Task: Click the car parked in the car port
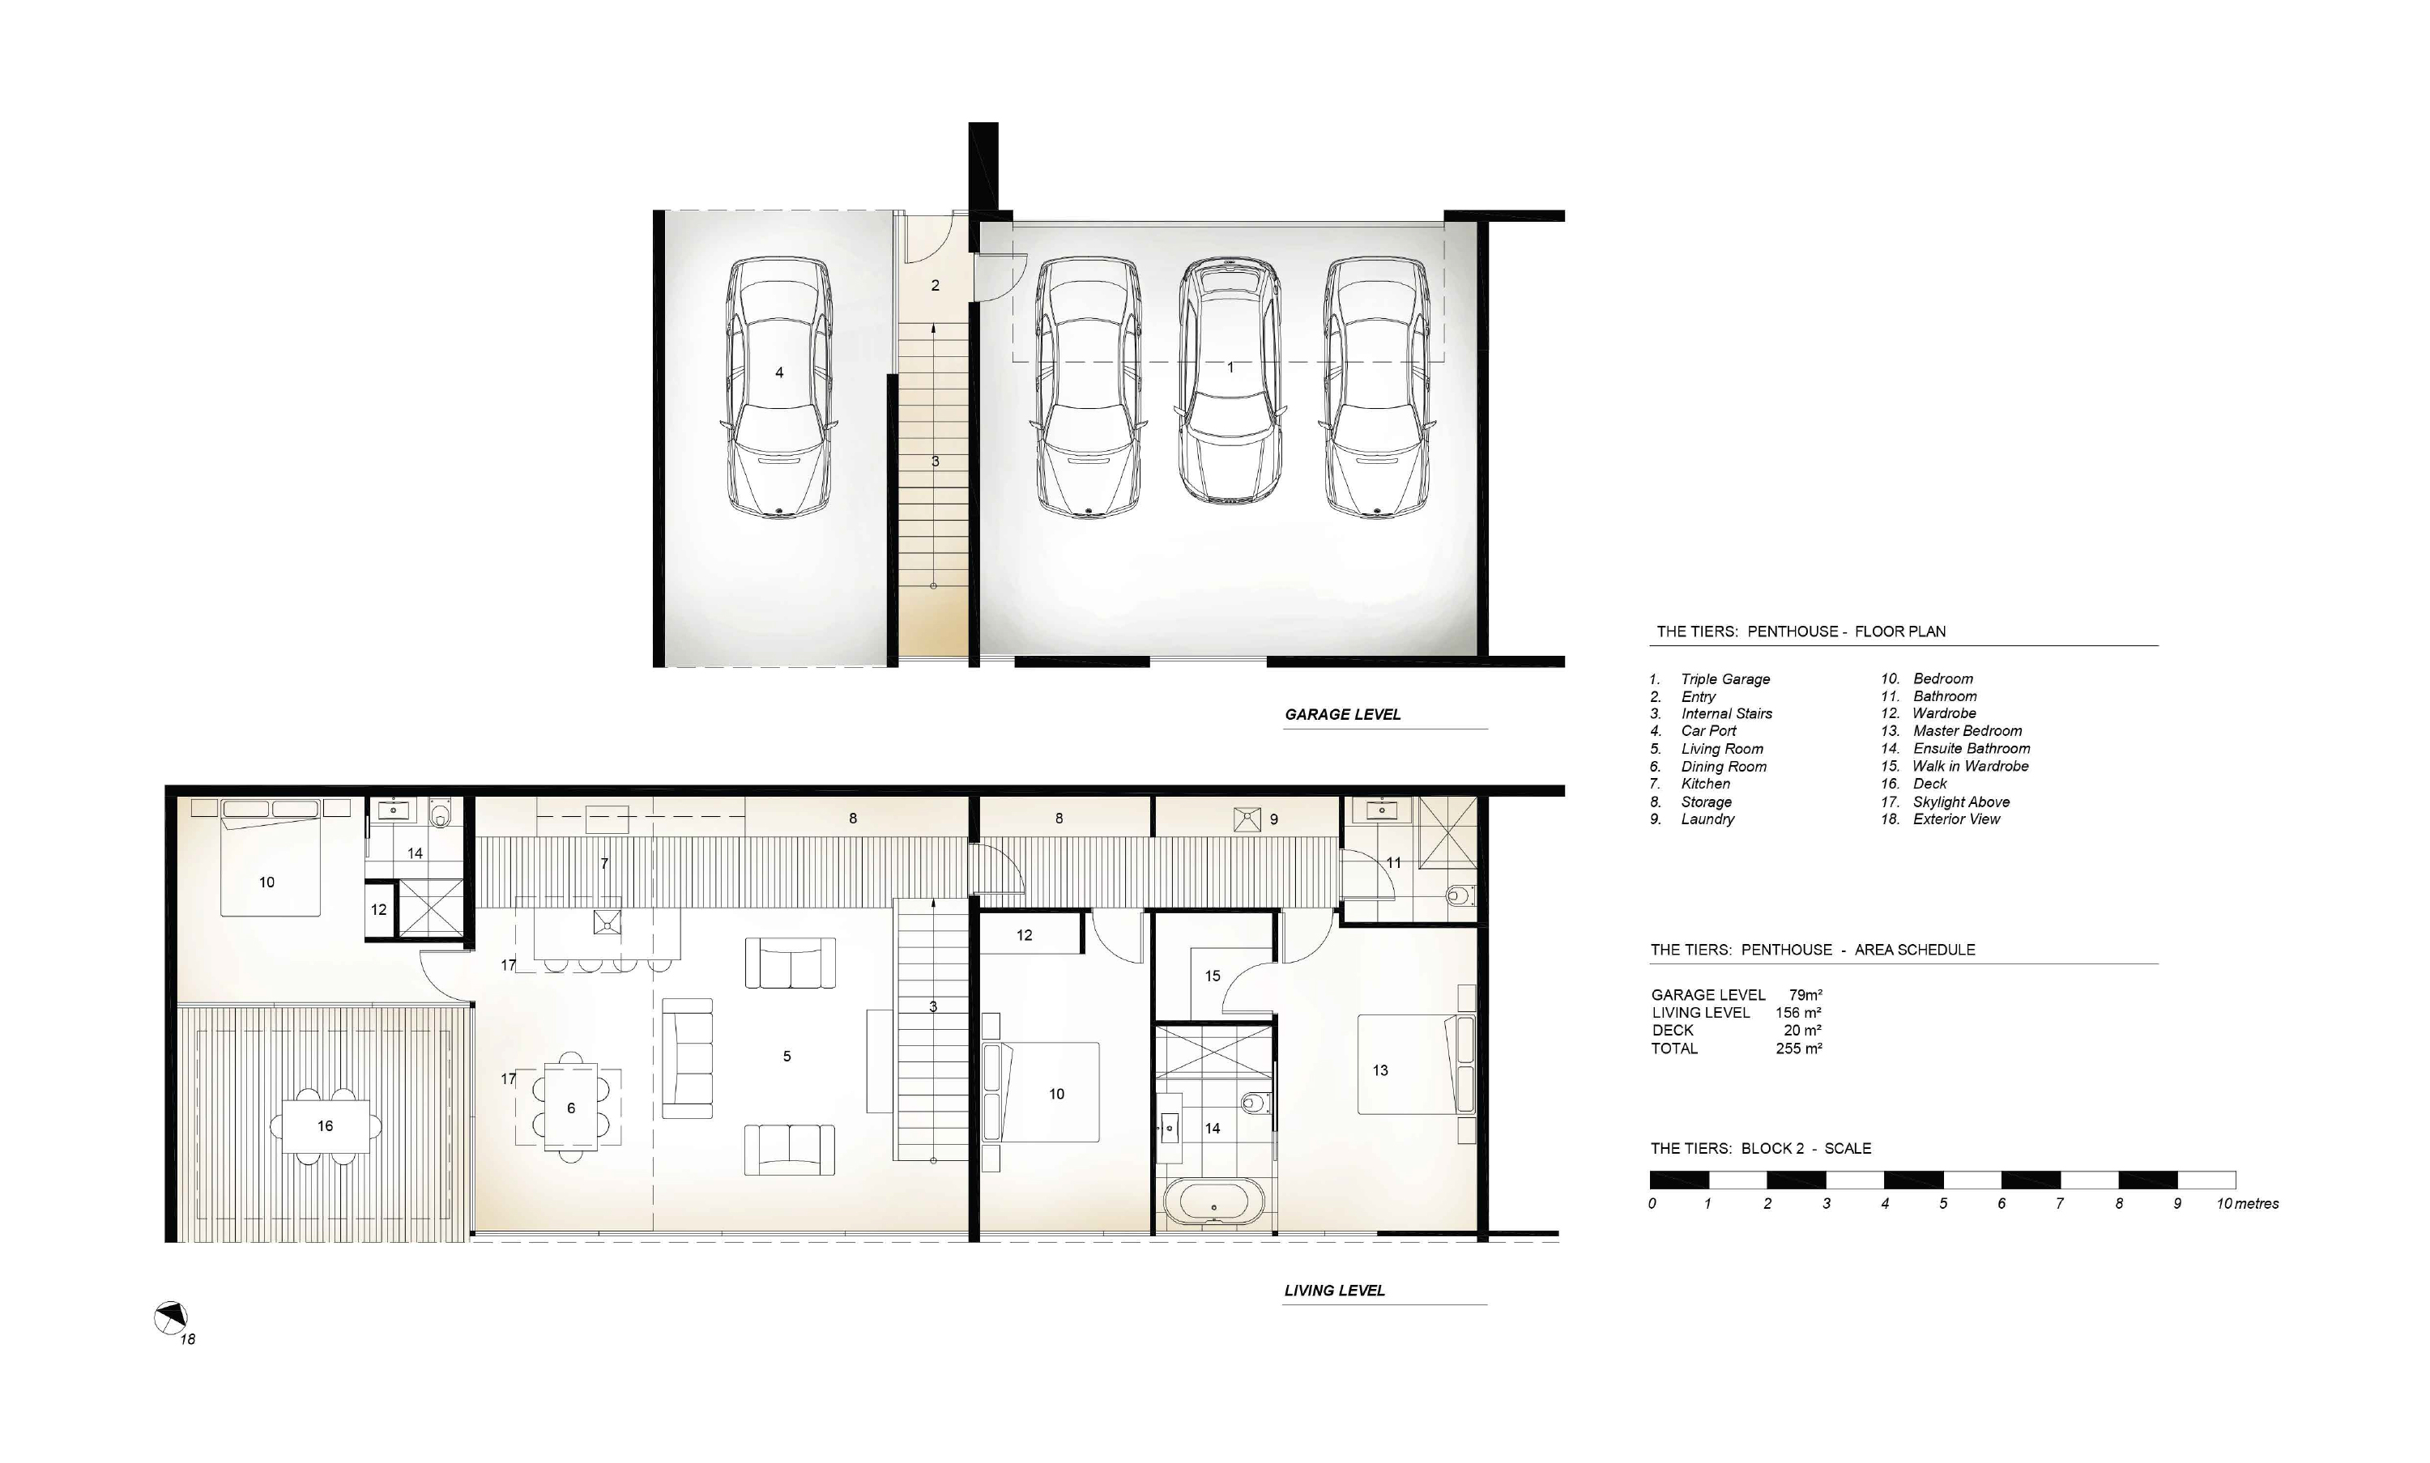point(779,388)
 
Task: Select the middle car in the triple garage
point(1230,381)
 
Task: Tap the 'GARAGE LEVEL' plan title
point(1342,715)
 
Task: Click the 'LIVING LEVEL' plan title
point(1334,1291)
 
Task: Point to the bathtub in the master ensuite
point(1214,1204)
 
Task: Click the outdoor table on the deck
point(326,1126)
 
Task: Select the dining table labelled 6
point(571,1106)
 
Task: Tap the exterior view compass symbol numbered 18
point(171,1318)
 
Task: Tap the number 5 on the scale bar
point(1943,1204)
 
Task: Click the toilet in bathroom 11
point(1460,896)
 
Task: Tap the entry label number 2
point(935,286)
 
